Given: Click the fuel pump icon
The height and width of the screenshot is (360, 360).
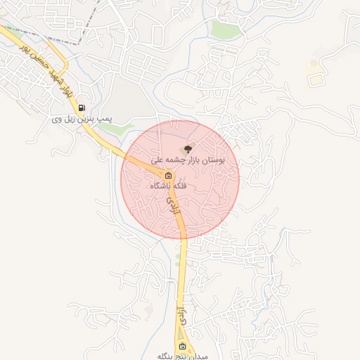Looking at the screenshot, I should (x=82, y=108).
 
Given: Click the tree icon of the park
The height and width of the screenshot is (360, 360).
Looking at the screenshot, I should (x=187, y=148).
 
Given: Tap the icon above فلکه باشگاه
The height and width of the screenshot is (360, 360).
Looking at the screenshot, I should (x=168, y=175).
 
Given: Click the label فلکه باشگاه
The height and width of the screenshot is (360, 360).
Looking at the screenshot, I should (x=168, y=186).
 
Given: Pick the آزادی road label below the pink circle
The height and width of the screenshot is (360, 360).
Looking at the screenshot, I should (x=181, y=315).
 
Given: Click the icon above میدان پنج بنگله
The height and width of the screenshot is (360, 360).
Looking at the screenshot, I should (x=183, y=347).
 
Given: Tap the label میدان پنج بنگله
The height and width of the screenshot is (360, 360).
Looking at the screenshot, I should (x=183, y=356).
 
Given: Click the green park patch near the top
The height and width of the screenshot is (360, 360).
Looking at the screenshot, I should (x=226, y=30).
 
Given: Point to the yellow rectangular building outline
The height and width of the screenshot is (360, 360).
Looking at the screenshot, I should (x=316, y=79).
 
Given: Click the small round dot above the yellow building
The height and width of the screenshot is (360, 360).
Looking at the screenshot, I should (x=313, y=64).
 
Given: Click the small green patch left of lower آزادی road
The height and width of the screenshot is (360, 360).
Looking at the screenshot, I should (x=176, y=261).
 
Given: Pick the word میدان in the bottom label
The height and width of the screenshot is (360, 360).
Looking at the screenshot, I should (x=199, y=356).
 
